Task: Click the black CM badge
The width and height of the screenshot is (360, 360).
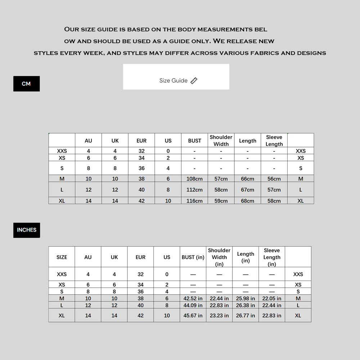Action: [26, 84]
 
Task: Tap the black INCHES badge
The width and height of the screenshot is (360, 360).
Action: [27, 230]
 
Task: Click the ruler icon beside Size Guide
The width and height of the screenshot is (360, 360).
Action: [194, 81]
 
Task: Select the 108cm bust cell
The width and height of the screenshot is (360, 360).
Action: [194, 179]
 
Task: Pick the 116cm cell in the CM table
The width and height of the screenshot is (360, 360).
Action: [194, 201]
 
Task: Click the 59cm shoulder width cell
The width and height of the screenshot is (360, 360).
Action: [221, 201]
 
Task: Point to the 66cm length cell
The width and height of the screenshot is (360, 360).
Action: [247, 179]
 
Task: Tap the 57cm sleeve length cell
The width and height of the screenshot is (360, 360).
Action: [274, 190]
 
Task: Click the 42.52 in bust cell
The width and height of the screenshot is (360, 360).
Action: [193, 299]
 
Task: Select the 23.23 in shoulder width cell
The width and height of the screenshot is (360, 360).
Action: [219, 315]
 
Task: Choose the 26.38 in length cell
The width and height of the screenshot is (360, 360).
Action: [246, 305]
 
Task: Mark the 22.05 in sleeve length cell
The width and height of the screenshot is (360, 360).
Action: [272, 299]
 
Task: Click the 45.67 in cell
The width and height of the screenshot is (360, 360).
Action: [193, 315]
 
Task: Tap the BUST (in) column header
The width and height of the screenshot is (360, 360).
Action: [193, 257]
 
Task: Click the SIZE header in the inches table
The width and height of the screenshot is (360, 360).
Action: [62, 257]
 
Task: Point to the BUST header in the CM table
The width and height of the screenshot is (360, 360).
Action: [194, 141]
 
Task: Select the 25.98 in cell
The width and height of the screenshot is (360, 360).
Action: [246, 299]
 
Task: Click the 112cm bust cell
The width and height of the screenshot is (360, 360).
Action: [194, 190]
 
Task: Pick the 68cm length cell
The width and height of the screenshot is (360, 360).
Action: [247, 201]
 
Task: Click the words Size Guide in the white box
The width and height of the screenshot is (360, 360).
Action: [174, 81]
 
